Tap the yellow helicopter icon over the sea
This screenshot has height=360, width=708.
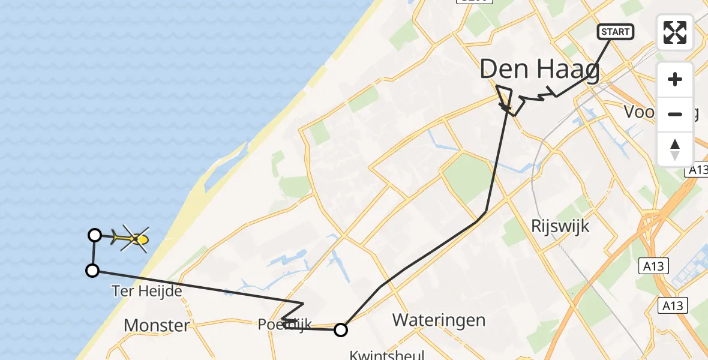point(132,239)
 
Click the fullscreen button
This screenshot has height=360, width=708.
point(675,32)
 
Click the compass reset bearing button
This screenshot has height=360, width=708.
point(675,149)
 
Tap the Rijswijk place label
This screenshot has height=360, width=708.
point(560,226)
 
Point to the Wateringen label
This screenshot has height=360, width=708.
point(439,320)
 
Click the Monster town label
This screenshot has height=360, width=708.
point(157,326)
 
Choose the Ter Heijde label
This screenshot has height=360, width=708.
point(147,291)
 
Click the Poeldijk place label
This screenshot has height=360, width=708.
point(285,325)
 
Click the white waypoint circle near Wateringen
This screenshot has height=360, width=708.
point(341,329)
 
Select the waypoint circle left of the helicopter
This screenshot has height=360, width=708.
point(95,235)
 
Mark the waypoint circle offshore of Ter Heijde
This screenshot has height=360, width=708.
point(92,271)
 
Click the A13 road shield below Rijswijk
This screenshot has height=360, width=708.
point(652,266)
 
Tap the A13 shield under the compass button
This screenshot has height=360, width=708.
point(696,171)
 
